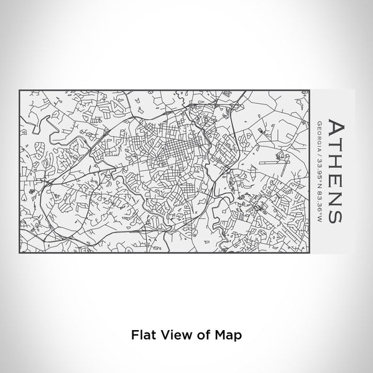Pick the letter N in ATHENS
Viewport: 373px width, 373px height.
tap(336, 196)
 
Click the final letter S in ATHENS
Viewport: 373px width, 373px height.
tap(336, 213)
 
